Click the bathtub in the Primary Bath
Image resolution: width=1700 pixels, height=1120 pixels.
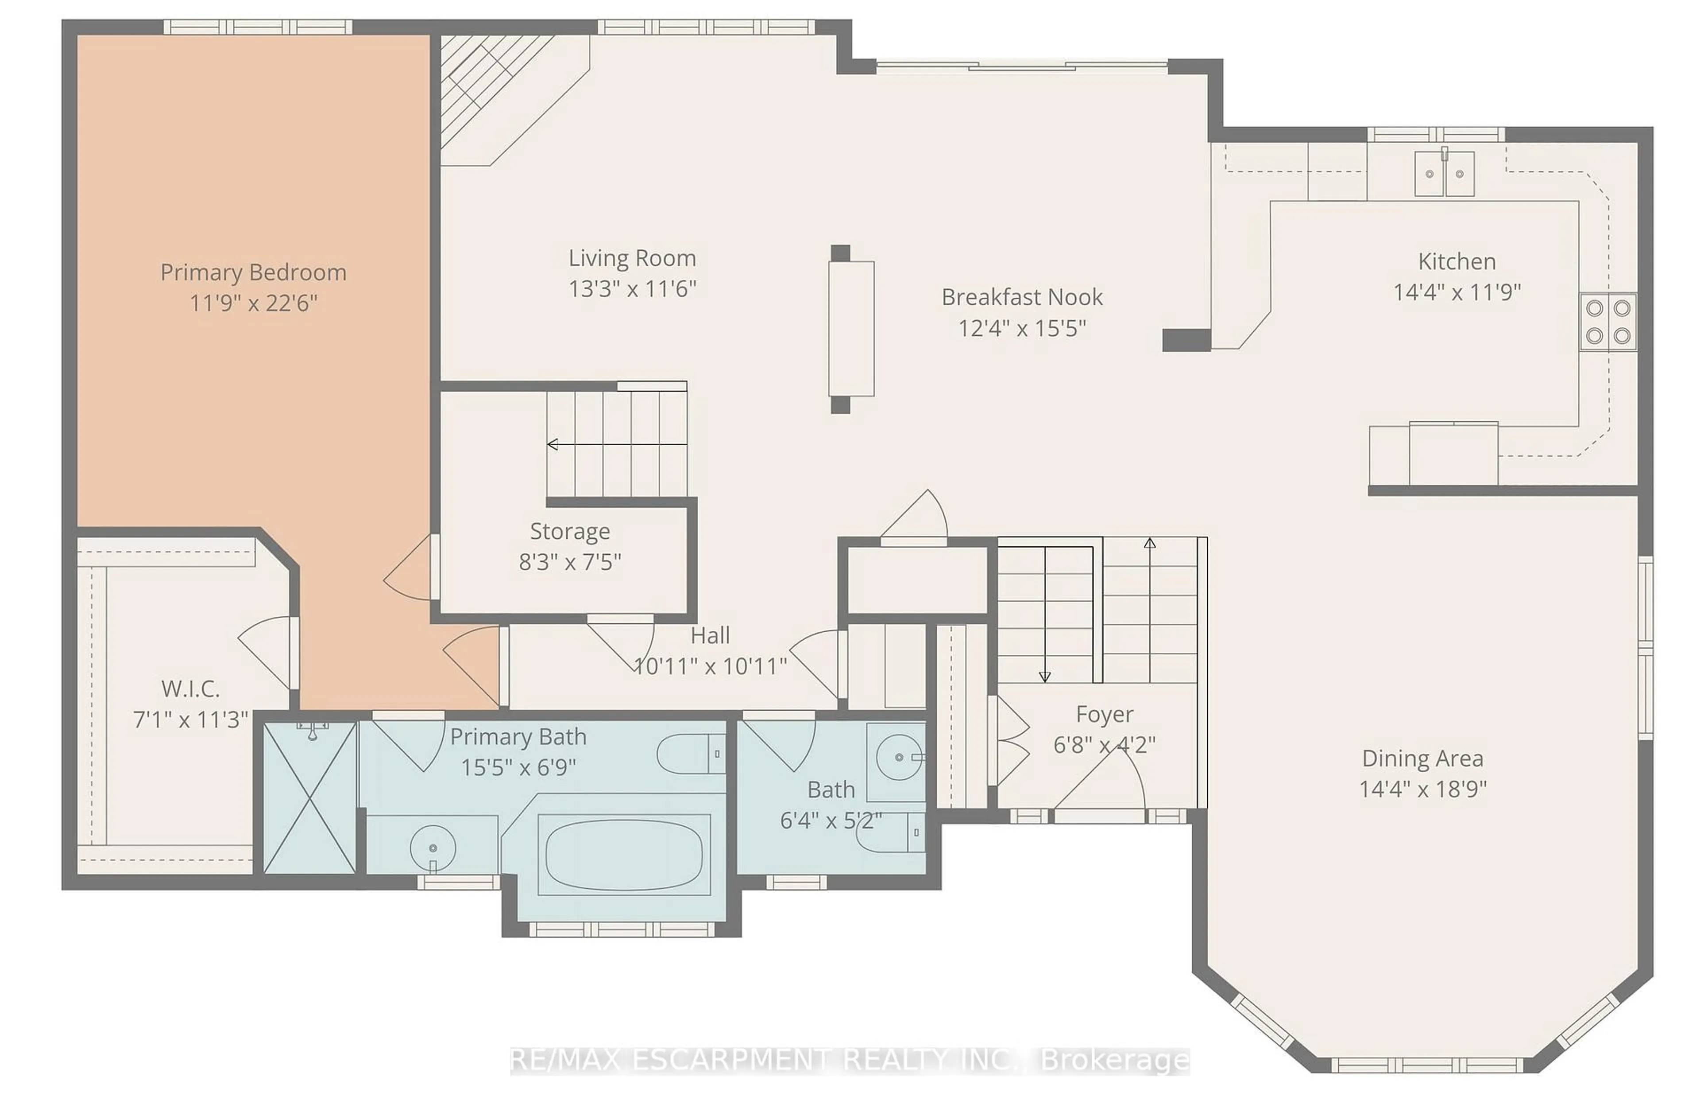(x=624, y=855)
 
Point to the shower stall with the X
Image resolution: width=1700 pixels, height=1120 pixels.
(x=310, y=797)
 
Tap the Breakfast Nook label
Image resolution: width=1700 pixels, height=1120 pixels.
(x=1021, y=297)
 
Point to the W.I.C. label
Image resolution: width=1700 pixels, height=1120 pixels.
(x=190, y=689)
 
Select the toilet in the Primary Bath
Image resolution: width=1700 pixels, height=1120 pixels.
(x=689, y=754)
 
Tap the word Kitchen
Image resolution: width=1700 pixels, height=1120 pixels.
(x=1457, y=261)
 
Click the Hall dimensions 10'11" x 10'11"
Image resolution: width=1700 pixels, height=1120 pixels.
(x=710, y=666)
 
